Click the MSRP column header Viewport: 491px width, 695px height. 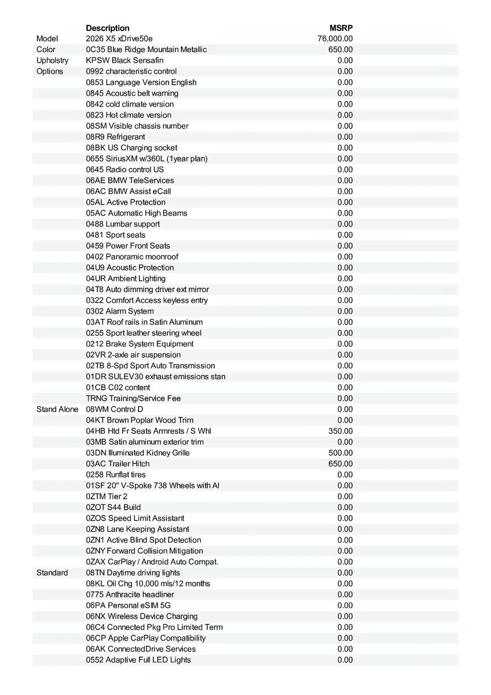341,28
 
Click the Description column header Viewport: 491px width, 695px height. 108,28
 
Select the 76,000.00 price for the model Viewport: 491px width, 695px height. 335,39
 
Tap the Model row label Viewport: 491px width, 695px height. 47,39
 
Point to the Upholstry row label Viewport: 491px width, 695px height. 52,60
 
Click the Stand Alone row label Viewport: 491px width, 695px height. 57,409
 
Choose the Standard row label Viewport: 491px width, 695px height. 52,573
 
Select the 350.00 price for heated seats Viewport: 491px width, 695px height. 340,431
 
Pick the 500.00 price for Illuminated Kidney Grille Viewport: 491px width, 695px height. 340,453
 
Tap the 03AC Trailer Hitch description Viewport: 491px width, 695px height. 118,464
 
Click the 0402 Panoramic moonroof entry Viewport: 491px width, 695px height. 132,257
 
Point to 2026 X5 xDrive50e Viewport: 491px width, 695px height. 119,39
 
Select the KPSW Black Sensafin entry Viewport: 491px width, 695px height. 124,60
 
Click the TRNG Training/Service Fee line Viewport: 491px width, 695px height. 133,398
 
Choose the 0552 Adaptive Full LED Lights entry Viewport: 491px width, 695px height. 138,660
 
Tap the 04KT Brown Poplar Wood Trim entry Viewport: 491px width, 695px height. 140,420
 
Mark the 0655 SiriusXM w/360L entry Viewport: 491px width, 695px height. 146,159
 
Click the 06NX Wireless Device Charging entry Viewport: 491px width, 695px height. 142,616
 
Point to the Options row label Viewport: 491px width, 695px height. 50,71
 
